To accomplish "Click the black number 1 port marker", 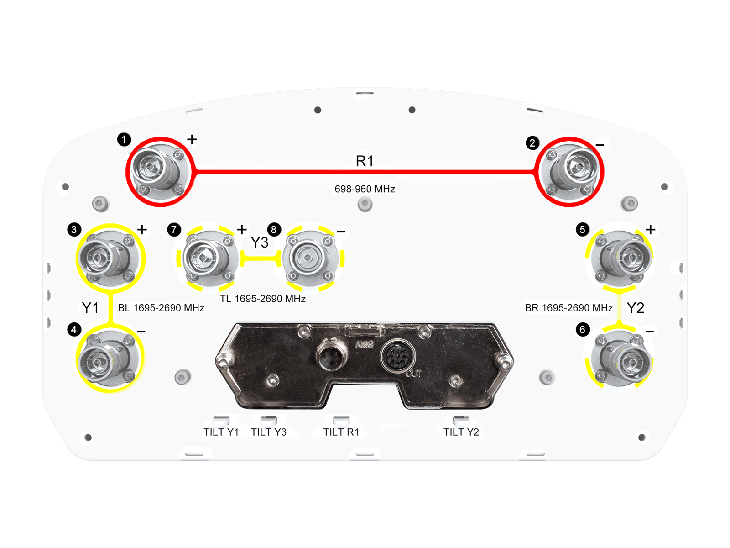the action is pos(124,139).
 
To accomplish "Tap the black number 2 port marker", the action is pos(532,143).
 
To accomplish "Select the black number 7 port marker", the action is pos(174,229).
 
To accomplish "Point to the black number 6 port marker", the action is pos(582,329).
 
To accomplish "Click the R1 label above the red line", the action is pos(365,161).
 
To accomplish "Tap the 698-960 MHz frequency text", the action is pos(365,189).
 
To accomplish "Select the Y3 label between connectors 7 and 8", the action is pos(260,242).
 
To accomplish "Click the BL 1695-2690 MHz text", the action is pos(162,308).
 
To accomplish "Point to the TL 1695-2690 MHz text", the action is pos(263,299).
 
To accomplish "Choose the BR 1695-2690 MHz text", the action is pos(568,308).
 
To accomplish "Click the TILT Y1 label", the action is pos(221,432).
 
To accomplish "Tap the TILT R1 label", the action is pos(341,432).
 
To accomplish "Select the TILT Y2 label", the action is pos(461,432).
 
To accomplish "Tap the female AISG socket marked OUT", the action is pos(397,357).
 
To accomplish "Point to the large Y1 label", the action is pos(90,308).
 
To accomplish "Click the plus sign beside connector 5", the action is pos(651,230).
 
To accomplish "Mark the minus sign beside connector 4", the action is pos(141,332).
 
